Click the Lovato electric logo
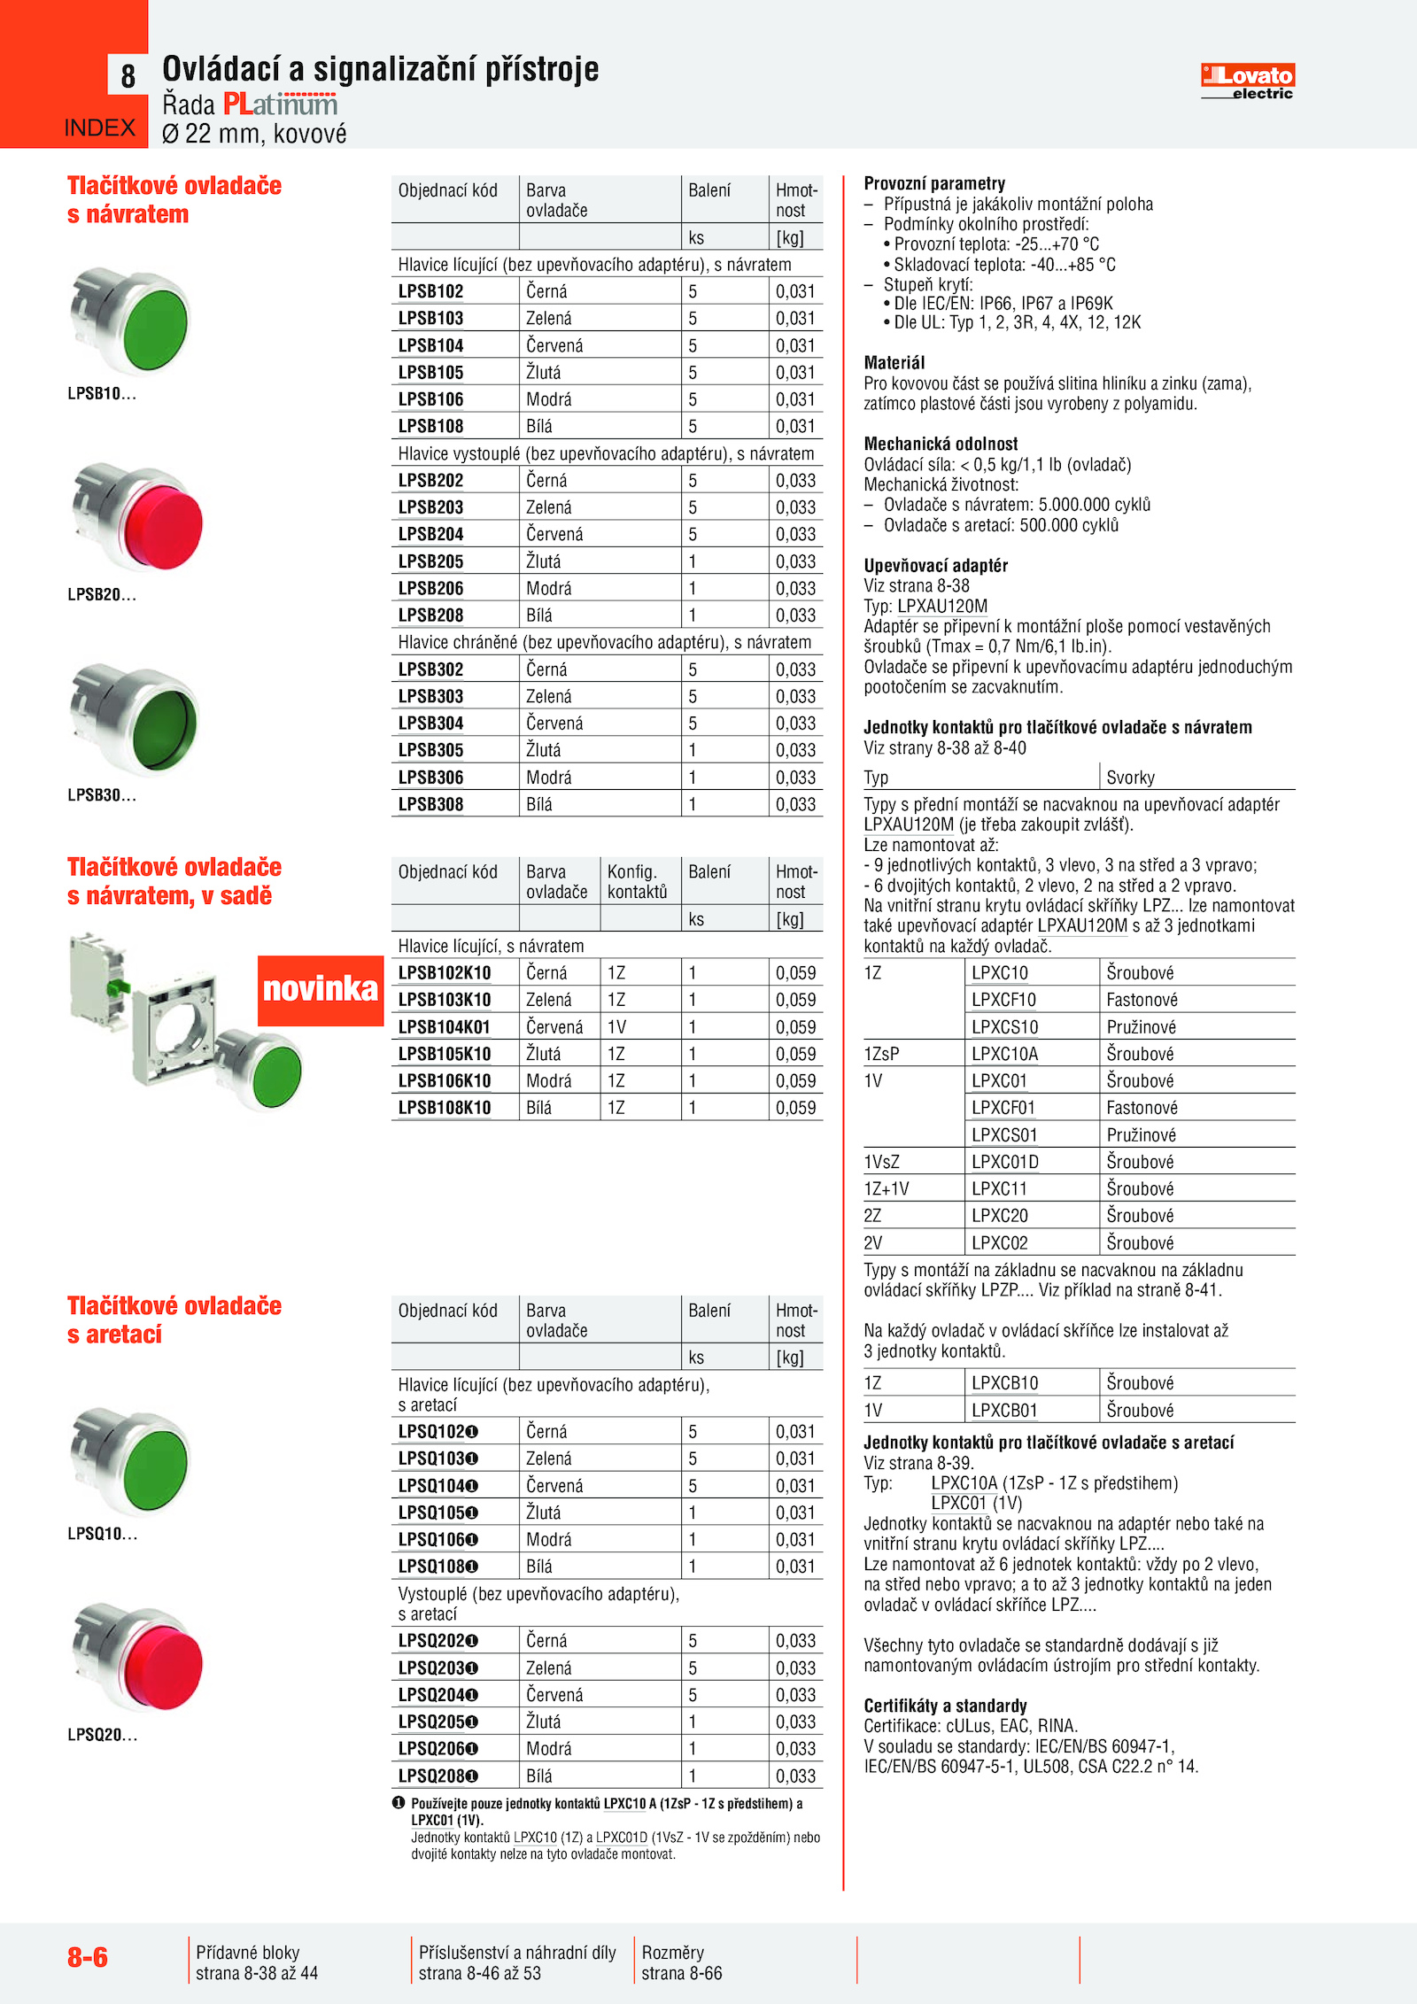pyautogui.click(x=1247, y=81)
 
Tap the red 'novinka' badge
pyautogui.click(x=320, y=989)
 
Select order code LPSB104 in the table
pyautogui.click(x=430, y=345)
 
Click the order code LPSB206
pyautogui.click(x=430, y=588)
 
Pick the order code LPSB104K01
pyautogui.click(x=444, y=1027)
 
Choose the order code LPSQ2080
pyautogui.click(x=437, y=1776)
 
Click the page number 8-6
pyautogui.click(x=88, y=1956)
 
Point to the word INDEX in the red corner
pyautogui.click(x=100, y=128)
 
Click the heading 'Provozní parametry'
pyautogui.click(x=934, y=183)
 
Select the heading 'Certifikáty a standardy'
pyautogui.click(x=945, y=1706)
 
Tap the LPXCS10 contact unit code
pyautogui.click(x=1004, y=1027)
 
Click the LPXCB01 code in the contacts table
pyautogui.click(x=1004, y=1410)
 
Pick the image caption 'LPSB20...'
pyautogui.click(x=102, y=594)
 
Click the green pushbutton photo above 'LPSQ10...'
pyautogui.click(x=133, y=1459)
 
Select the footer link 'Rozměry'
pyautogui.click(x=672, y=1952)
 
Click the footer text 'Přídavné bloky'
pyautogui.click(x=248, y=1952)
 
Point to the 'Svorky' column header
pyautogui.click(x=1130, y=778)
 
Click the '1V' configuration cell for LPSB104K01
pyautogui.click(x=616, y=1027)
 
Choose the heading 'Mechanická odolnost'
pyautogui.click(x=941, y=444)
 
